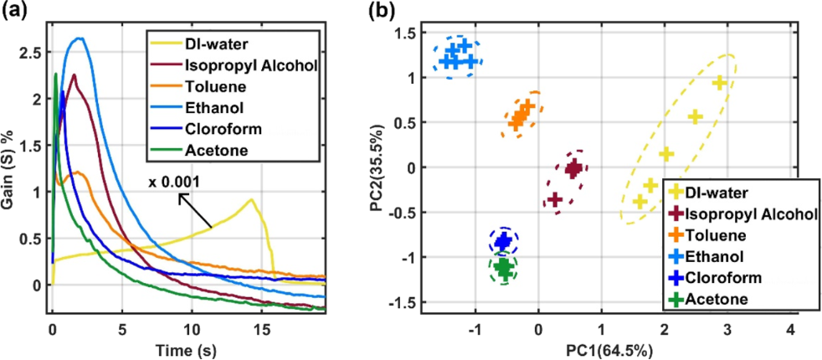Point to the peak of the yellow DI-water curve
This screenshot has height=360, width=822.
pyautogui.click(x=250, y=199)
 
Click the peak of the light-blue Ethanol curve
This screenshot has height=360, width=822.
pyautogui.click(x=80, y=39)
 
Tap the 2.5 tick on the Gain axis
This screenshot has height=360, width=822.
pyautogui.click(x=31, y=53)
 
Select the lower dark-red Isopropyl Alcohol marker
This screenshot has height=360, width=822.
pyautogui.click(x=555, y=199)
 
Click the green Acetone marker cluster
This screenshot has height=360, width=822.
pyautogui.click(x=503, y=268)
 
